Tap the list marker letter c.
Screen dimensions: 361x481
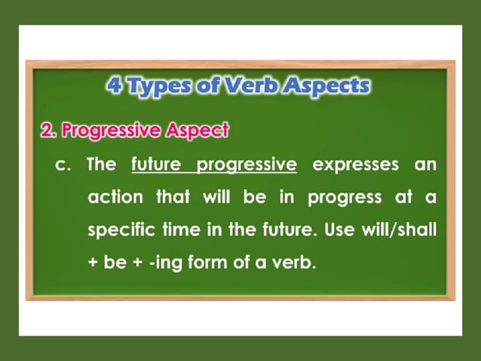(x=64, y=165)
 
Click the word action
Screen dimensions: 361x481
(x=115, y=198)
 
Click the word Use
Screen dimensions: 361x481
(x=339, y=230)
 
